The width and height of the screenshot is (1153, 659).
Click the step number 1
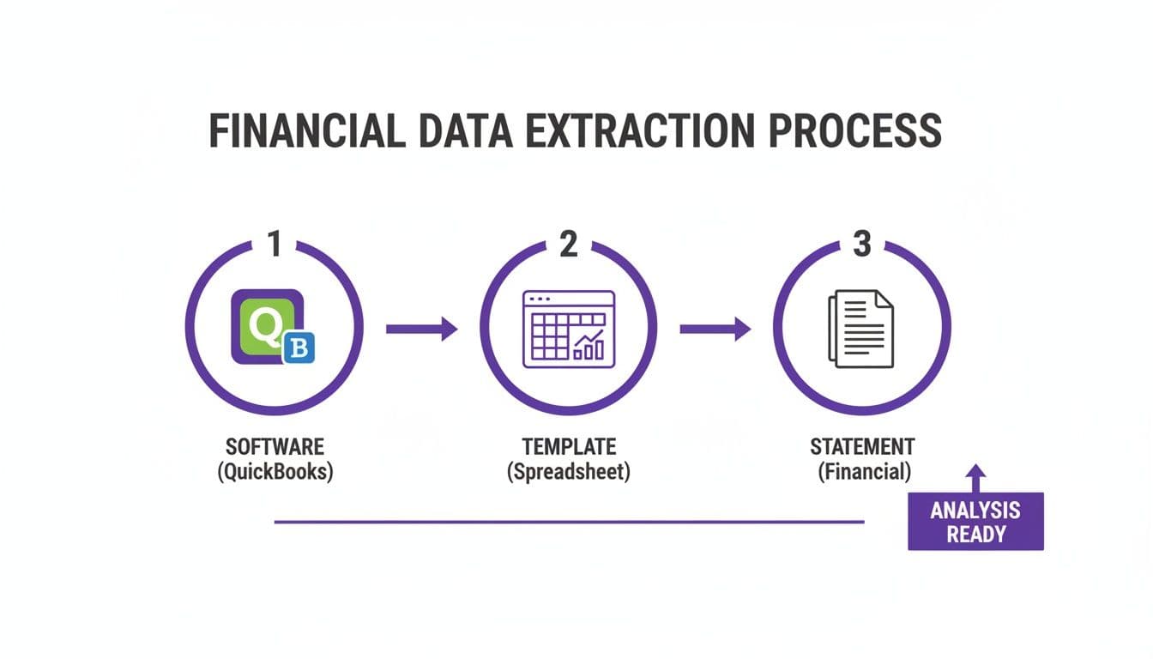pos(275,245)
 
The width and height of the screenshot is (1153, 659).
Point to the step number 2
pos(568,245)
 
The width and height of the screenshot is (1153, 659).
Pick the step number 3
pos(862,245)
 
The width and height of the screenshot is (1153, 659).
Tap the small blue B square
pos(299,348)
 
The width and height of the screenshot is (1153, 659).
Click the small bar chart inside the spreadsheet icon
pos(589,346)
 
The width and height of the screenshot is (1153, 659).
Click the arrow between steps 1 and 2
pos(421,328)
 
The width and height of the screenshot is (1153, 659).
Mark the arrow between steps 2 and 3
pos(715,328)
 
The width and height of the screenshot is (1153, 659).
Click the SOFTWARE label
pos(275,446)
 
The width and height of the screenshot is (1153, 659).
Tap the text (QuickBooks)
pos(275,471)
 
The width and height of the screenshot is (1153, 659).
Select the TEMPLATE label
pos(568,446)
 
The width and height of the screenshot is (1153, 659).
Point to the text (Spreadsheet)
pos(568,471)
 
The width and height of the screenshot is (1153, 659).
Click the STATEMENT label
pos(862,446)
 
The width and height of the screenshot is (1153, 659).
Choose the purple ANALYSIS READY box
pos(975,521)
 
